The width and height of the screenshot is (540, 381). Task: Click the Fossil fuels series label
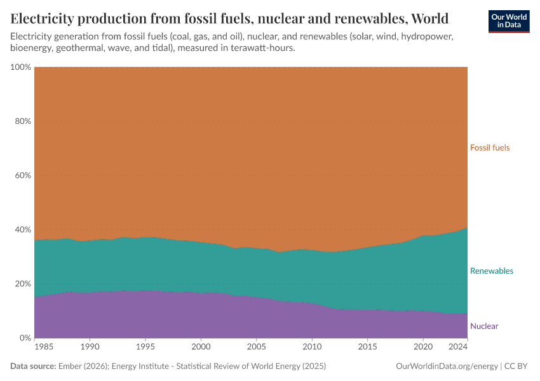pos(490,148)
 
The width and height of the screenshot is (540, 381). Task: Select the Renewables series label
pos(491,271)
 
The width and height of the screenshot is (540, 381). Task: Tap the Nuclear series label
pos(484,326)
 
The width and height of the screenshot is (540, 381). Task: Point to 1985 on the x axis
pos(44,348)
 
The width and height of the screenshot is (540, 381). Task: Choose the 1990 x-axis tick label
pos(90,348)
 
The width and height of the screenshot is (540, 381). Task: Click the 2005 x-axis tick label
pos(256,348)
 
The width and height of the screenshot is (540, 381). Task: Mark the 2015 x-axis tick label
pos(367,348)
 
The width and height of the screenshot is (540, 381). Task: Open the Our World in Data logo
pos(509,21)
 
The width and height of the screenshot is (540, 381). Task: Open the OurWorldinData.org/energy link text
pos(446,366)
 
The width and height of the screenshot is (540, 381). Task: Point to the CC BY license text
pos(517,366)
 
